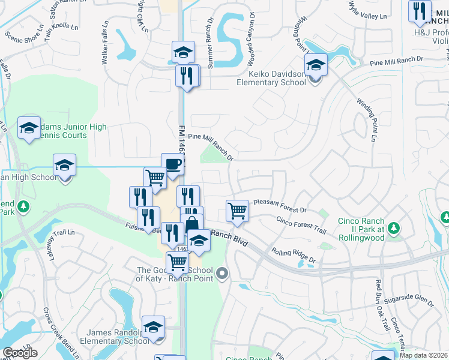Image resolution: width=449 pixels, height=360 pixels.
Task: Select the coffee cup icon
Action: coord(172,164)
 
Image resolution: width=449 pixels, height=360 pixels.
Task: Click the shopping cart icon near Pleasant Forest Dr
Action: coord(237,211)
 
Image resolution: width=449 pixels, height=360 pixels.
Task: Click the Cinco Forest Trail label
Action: coord(301,226)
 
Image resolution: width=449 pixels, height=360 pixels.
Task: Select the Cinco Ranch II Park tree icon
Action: coord(394,228)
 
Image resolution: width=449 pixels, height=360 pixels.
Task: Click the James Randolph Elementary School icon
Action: coord(154,327)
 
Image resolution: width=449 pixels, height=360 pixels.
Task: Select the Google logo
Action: coord(20,353)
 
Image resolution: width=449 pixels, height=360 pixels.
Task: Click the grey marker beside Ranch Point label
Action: coord(222,274)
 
